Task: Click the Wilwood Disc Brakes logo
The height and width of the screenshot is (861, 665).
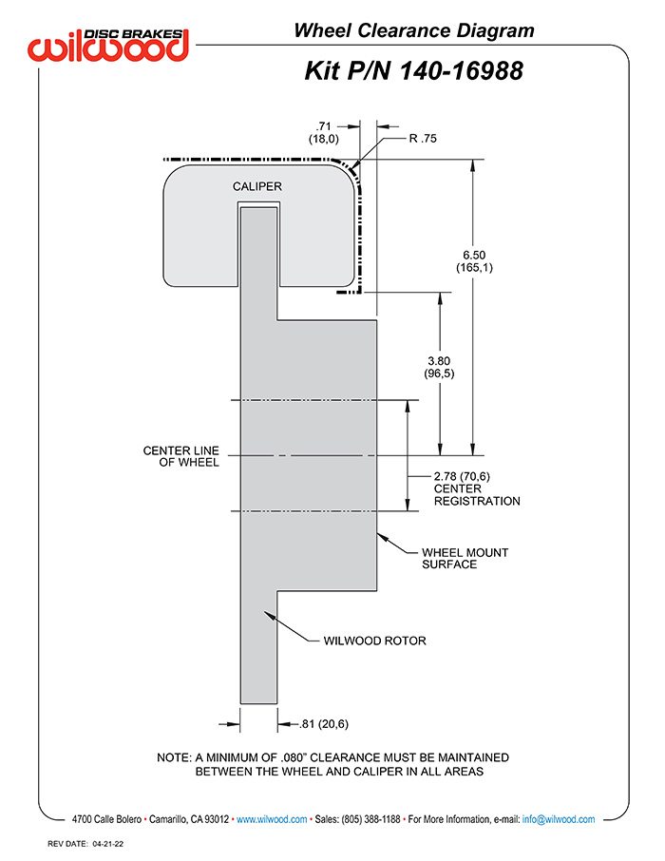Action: coord(108,45)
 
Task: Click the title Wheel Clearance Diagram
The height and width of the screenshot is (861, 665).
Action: coord(414,30)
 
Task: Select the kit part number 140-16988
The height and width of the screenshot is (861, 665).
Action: coord(461,71)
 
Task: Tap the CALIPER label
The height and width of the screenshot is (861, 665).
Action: coord(257,186)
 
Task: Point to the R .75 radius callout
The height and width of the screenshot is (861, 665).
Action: coord(423,139)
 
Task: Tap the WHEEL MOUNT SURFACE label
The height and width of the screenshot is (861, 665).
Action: coord(465,559)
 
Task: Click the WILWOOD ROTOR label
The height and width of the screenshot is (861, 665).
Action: coord(374,641)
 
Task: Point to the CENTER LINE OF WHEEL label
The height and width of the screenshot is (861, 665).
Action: coord(181,456)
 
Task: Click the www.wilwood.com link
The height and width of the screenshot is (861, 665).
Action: coord(272,819)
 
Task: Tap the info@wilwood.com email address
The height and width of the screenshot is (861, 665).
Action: coord(559,819)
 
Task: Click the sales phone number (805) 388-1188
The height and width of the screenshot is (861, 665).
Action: coord(370,819)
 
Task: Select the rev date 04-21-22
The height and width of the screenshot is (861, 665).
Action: coord(108,844)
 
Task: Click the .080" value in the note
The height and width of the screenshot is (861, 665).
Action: coord(294,757)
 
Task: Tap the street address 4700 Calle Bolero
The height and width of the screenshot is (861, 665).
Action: coord(106,819)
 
